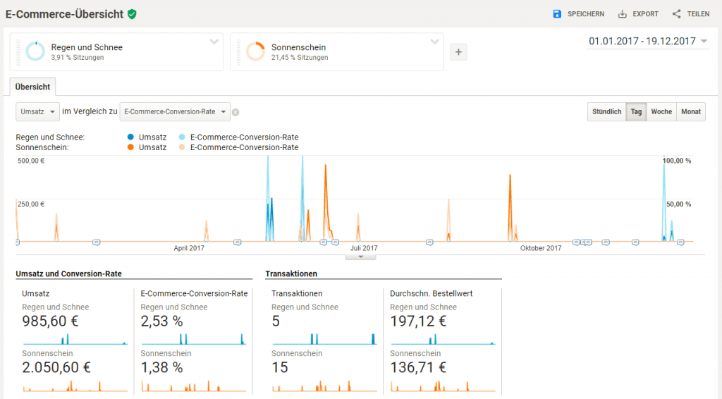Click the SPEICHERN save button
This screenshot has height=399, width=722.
[x=578, y=14]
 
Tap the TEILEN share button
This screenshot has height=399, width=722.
[x=690, y=14]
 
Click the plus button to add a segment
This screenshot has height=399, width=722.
[x=458, y=51]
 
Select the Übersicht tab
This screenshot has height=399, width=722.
[x=32, y=87]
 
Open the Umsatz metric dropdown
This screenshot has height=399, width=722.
[x=37, y=111]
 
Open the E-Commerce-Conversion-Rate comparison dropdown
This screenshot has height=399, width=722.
[x=175, y=111]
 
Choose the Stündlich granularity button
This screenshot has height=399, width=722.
[x=606, y=111]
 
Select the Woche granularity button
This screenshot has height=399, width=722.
[x=661, y=111]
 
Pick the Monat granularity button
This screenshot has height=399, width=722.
[x=691, y=111]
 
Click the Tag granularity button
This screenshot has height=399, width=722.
[x=636, y=111]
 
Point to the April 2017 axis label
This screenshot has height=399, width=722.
[x=189, y=248]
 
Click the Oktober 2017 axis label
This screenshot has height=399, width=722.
[x=541, y=248]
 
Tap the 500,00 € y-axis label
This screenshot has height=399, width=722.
[x=31, y=161]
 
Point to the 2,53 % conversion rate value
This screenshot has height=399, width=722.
[x=161, y=321]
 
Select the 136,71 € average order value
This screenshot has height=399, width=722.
[x=418, y=367]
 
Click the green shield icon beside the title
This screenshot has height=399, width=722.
[x=132, y=14]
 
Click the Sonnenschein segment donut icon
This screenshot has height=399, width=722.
[x=255, y=51]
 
